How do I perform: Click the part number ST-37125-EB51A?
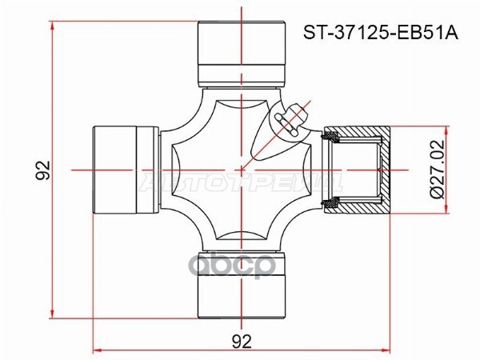click(381, 33)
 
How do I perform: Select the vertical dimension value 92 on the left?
click(43, 170)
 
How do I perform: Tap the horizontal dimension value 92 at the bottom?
click(242, 342)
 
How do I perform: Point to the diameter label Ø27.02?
click(437, 170)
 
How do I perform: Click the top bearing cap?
click(242, 54)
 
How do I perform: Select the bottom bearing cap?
click(242, 285)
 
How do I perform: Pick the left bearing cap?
click(126, 170)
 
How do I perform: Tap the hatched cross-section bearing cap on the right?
click(357, 170)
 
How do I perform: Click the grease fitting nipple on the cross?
click(291, 122)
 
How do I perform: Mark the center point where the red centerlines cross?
click(242, 170)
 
